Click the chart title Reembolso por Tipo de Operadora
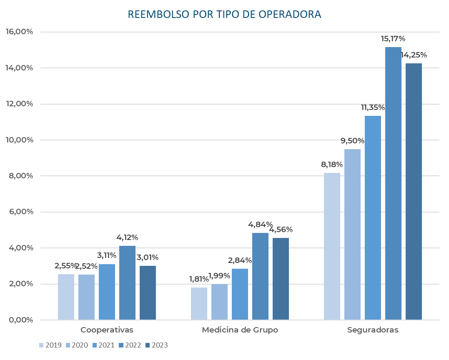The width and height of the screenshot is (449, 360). [x=224, y=15]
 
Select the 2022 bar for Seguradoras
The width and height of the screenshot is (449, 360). [x=393, y=183]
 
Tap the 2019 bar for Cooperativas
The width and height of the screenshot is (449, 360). [x=66, y=297]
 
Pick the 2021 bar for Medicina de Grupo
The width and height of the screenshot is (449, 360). [x=240, y=294]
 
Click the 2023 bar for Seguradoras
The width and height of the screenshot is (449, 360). [x=414, y=192]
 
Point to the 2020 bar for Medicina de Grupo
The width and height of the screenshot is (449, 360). [x=219, y=302]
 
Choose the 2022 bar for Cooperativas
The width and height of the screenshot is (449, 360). [x=127, y=282]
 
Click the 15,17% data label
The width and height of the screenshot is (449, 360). [x=393, y=39]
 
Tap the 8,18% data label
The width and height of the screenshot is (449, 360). [x=331, y=165]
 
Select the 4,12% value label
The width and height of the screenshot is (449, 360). [x=127, y=237]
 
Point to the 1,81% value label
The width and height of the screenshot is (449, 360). [x=198, y=279]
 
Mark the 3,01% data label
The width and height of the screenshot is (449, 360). [x=148, y=257]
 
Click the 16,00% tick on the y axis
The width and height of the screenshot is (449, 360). [x=19, y=32]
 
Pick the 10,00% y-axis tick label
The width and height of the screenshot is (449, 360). [x=19, y=140]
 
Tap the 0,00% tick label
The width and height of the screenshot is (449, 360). [x=20, y=320]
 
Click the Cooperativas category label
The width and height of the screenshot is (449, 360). [x=107, y=330]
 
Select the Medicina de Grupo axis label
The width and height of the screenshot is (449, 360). [x=240, y=330]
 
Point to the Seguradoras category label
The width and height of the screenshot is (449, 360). [x=373, y=330]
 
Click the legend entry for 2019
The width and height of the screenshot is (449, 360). [x=50, y=345]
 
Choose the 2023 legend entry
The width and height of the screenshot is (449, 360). [x=156, y=345]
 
